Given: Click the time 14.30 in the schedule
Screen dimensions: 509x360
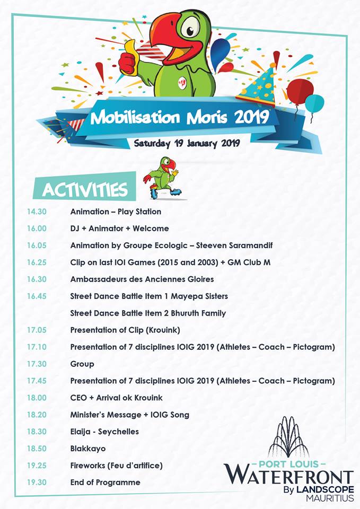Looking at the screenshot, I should point(37,212).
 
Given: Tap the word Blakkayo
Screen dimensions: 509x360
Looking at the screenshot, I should point(88,449).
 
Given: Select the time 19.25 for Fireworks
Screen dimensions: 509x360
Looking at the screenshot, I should point(37,466).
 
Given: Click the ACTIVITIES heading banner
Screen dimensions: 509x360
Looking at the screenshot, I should point(85,190).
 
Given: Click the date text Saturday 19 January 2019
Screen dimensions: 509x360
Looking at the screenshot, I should point(187,143).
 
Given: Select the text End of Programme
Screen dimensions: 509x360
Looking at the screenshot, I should point(106,482).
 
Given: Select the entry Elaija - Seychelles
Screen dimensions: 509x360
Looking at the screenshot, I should point(104,432).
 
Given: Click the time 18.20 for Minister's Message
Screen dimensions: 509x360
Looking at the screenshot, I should point(37,415).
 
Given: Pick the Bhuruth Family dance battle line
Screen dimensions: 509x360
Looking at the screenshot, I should point(148,313).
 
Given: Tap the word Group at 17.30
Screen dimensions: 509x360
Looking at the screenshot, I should point(82,364).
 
